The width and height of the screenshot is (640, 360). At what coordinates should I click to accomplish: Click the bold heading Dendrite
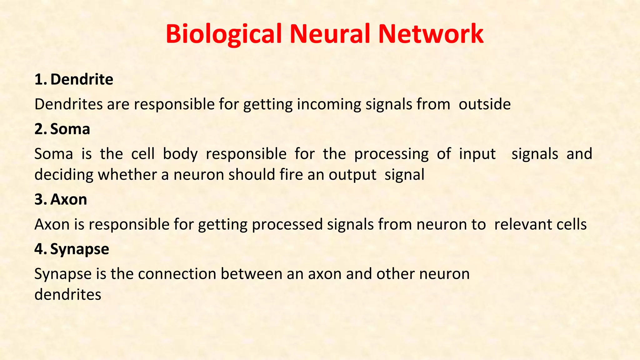pyautogui.click(x=82, y=79)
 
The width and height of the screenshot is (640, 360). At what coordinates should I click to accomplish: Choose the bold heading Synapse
pyautogui.click(x=80, y=249)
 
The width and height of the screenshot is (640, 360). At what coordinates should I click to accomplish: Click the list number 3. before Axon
pyautogui.click(x=41, y=199)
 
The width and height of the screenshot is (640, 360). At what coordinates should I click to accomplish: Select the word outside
pyautogui.click(x=484, y=104)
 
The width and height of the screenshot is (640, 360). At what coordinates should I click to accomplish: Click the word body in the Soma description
pyautogui.click(x=180, y=154)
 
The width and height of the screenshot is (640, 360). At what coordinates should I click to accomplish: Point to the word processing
pyautogui.click(x=391, y=154)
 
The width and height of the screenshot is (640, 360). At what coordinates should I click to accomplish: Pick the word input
pyautogui.click(x=477, y=154)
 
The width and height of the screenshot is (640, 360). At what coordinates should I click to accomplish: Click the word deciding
pyautogui.click(x=64, y=175)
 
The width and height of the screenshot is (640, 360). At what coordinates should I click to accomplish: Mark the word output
pyautogui.click(x=352, y=175)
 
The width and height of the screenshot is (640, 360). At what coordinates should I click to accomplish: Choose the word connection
pyautogui.click(x=177, y=274)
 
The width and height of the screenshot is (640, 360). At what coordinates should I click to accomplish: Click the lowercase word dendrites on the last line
pyautogui.click(x=68, y=294)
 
